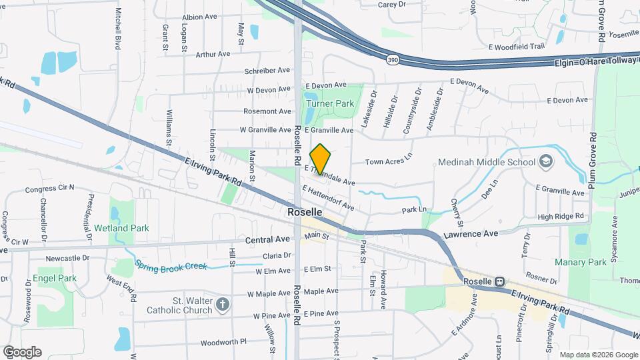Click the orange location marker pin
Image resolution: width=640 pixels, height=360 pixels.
321,159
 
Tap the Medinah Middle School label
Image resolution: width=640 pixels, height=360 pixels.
487,162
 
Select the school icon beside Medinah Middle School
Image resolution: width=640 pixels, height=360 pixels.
546,162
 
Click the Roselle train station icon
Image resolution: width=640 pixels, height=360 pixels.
499,281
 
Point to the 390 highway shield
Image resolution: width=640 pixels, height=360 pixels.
393,60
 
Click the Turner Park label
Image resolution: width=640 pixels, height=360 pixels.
330,103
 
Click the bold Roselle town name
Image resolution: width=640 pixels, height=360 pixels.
305,212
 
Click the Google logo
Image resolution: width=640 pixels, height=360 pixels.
22,352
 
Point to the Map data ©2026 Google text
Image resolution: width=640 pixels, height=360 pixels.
597,355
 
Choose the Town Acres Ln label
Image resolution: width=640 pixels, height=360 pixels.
389,162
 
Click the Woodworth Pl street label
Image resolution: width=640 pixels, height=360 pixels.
223,341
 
